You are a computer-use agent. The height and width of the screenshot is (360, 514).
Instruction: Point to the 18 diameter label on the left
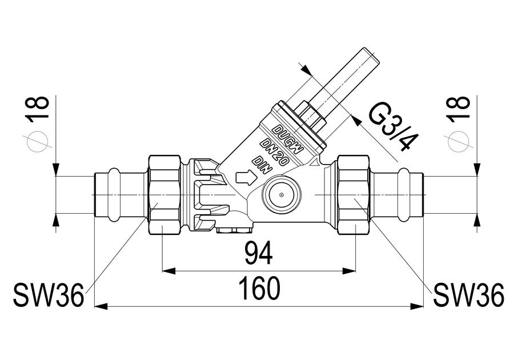[x=39, y=109]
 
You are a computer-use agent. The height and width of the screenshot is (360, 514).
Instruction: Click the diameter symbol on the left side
[x=39, y=142]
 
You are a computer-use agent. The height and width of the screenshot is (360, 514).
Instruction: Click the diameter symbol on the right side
[x=460, y=142]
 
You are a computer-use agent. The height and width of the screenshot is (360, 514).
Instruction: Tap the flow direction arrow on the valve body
[x=245, y=177]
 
